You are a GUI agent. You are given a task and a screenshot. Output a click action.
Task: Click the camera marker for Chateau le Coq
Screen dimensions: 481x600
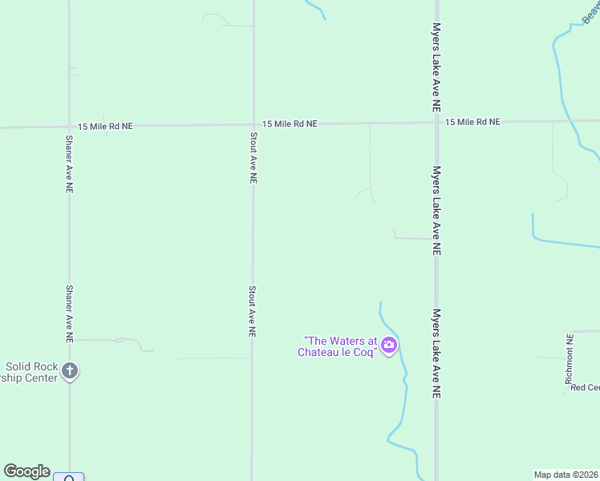[389, 346]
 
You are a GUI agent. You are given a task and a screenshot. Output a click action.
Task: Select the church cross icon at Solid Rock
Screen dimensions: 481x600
[70, 370]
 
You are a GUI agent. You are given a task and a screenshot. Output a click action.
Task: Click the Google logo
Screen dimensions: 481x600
[26, 471]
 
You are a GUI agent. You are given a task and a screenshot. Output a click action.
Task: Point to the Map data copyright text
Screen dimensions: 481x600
[566, 475]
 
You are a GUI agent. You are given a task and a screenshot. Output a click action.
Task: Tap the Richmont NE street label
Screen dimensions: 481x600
[570, 360]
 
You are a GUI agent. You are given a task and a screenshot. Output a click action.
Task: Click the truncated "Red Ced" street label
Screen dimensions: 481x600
[585, 387]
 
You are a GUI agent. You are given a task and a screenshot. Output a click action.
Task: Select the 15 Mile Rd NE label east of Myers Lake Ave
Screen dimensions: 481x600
[472, 122]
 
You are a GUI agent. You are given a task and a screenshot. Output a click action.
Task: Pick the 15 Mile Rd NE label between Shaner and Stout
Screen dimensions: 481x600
[106, 126]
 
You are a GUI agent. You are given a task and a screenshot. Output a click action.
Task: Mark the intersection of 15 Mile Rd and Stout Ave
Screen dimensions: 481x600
[253, 124]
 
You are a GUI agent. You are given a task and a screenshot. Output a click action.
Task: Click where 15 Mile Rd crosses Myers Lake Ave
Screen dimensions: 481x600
[436, 123]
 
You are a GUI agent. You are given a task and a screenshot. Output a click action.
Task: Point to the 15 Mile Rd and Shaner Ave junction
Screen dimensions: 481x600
[69, 127]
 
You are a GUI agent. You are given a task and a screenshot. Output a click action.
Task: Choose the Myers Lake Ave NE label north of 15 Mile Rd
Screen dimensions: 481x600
[436, 67]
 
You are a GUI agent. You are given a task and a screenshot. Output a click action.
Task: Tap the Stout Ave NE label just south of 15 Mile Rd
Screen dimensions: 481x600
[253, 159]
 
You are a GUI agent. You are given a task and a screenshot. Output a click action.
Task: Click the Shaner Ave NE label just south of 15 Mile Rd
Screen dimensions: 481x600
[69, 163]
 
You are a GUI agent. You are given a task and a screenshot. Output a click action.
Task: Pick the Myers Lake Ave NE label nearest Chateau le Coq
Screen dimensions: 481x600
[437, 354]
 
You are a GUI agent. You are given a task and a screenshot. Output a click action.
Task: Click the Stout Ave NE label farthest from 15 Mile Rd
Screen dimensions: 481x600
[252, 311]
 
